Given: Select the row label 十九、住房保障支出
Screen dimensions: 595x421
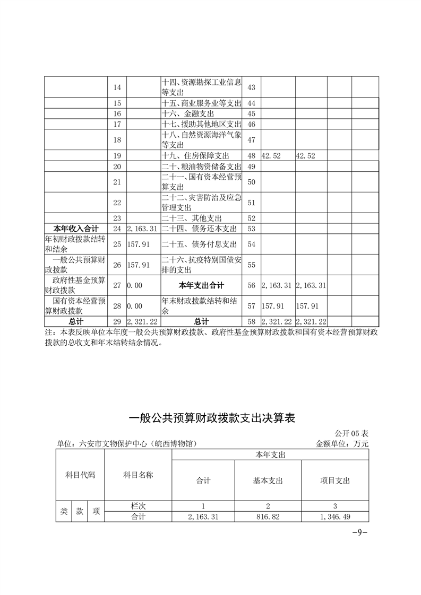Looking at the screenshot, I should click(x=195, y=155).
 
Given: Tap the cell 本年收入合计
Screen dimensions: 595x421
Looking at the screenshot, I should click(x=75, y=229).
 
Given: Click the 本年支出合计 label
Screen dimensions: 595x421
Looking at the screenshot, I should click(x=201, y=285).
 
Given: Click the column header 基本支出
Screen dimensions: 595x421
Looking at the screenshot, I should click(x=268, y=480).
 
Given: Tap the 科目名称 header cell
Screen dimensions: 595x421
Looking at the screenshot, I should click(x=138, y=475).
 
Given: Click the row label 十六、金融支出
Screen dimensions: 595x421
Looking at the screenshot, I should click(x=187, y=113).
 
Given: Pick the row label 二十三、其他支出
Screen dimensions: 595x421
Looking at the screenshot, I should click(x=192, y=218).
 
